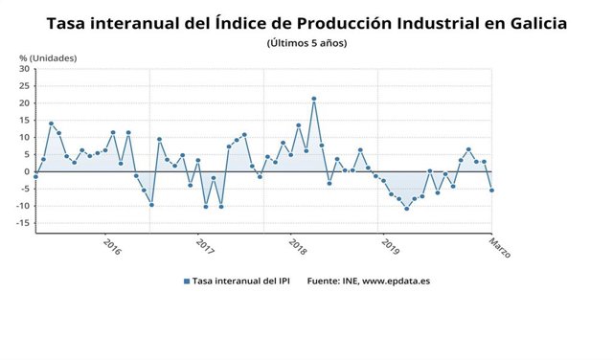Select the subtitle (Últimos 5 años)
tap(306, 44)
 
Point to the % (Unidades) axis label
tap(48, 57)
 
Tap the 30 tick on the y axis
tap(25, 69)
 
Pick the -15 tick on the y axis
tap(23, 223)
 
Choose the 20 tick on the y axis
tap(25, 103)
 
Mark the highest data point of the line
tap(313, 99)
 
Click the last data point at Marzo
tap(491, 190)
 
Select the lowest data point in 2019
tap(406, 208)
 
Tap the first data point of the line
tap(35, 176)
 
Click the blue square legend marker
tap(186, 281)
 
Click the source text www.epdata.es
tap(396, 281)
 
